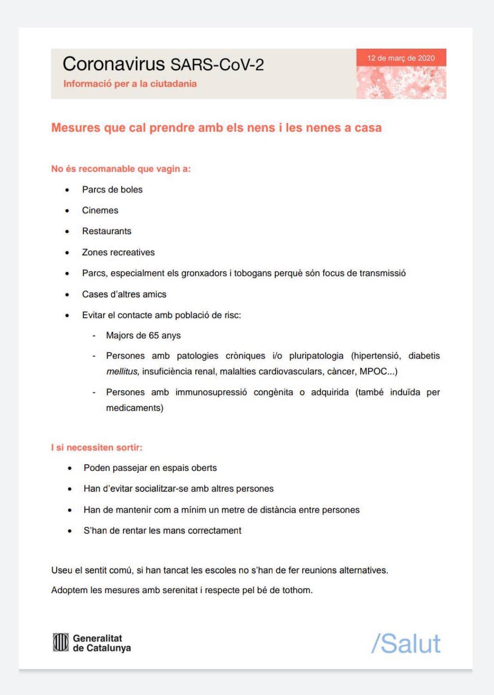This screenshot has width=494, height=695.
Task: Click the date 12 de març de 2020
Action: tap(401, 58)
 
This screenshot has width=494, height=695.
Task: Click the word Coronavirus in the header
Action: tap(113, 64)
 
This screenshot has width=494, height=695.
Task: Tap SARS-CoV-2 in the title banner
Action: tap(217, 65)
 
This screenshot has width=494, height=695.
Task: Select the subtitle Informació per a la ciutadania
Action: tap(130, 84)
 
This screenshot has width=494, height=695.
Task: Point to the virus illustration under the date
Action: tap(401, 83)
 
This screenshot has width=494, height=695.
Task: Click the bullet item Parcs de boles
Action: tap(112, 190)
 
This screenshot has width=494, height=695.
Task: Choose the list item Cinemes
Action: tap(100, 210)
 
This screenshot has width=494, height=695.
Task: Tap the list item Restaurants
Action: tap(107, 231)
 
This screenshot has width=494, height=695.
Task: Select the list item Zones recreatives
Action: tap(118, 253)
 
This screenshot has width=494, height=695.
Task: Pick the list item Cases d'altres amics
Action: tap(124, 294)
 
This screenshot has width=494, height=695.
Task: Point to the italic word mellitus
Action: tap(123, 372)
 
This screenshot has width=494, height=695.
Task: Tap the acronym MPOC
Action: tap(373, 372)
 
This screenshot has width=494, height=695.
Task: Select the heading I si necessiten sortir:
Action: tap(97, 448)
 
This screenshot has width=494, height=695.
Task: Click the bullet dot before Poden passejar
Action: tap(70, 468)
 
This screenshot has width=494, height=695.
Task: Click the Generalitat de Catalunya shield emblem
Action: tap(61, 642)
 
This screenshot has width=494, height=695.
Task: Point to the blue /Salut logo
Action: tap(406, 644)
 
